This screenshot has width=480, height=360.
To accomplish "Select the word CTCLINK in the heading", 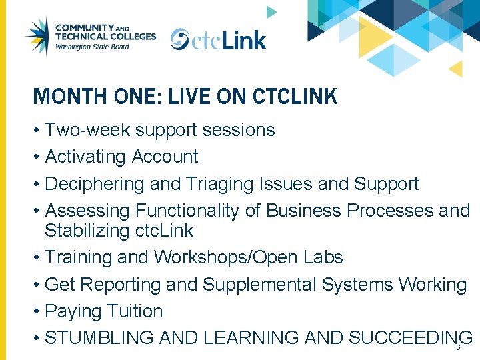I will tap(295, 97).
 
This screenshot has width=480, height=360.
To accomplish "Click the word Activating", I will tap(85, 157).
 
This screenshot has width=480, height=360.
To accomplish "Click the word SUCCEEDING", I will tap(410, 338).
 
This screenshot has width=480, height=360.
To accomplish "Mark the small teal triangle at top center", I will tap(271, 12).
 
